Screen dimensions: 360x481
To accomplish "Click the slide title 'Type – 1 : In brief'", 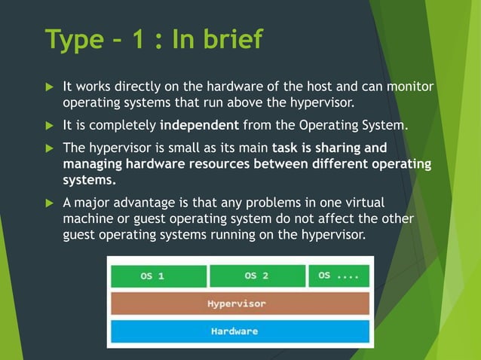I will pyautogui.click(x=154, y=39).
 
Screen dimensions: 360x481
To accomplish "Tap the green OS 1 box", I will pyautogui.click(x=158, y=276).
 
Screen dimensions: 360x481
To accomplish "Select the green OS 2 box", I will pyautogui.click(x=256, y=276).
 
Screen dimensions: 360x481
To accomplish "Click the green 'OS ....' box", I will pyautogui.click(x=339, y=276).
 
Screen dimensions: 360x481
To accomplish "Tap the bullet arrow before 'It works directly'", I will pyautogui.click(x=51, y=87).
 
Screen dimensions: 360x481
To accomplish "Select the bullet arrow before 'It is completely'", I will pyautogui.click(x=51, y=124).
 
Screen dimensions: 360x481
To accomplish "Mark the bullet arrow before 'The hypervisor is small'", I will pyautogui.click(x=51, y=147).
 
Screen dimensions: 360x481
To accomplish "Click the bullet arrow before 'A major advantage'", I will pyautogui.click(x=51, y=203).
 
